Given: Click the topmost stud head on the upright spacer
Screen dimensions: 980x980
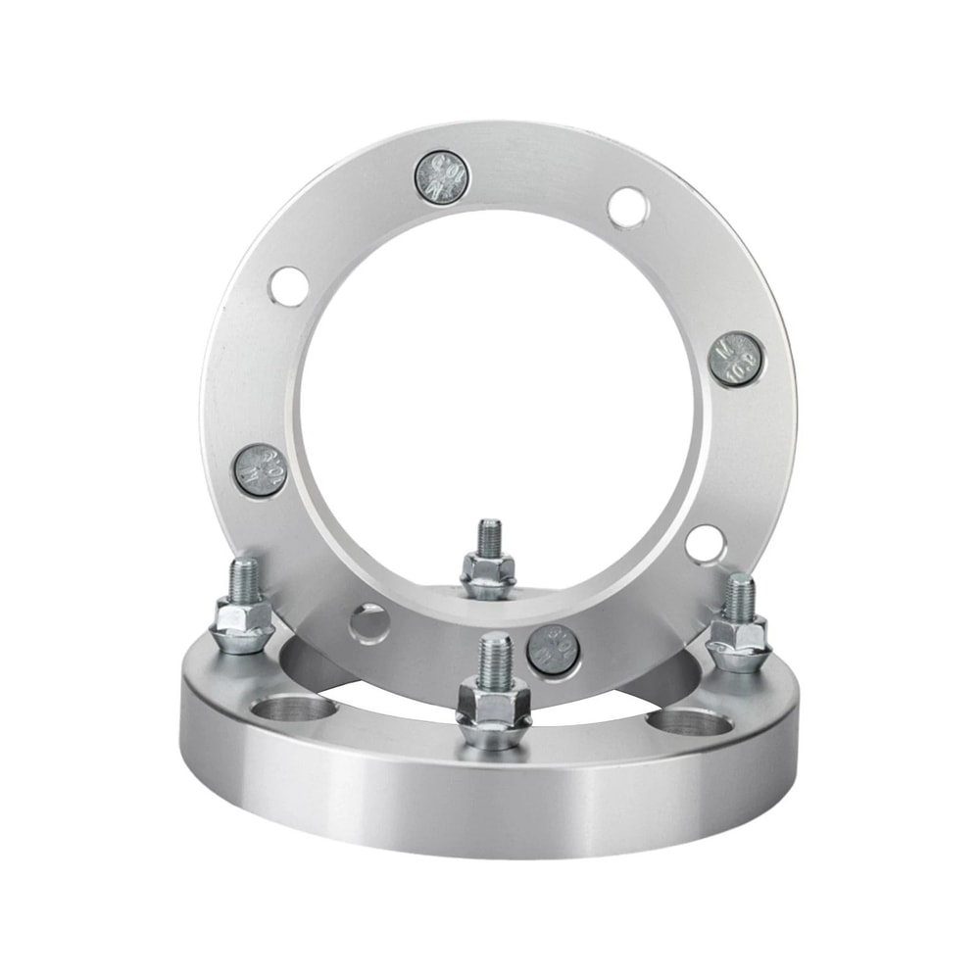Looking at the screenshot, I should tap(441, 177).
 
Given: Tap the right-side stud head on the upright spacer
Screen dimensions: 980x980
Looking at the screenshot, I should tap(735, 360).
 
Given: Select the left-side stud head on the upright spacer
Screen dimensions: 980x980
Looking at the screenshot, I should tap(260, 470).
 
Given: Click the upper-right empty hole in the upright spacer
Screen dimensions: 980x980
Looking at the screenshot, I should tap(626, 208).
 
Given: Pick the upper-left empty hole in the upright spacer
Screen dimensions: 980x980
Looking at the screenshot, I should tap(289, 284).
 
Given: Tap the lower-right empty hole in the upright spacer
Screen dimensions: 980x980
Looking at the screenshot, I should tap(705, 544).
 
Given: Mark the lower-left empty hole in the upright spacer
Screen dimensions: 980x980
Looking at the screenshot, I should tap(368, 623).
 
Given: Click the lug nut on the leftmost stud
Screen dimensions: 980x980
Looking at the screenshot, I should tap(242, 625).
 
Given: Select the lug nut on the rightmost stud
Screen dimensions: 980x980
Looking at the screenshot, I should tap(739, 642).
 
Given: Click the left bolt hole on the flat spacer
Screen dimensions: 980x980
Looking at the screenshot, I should tap(294, 710).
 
